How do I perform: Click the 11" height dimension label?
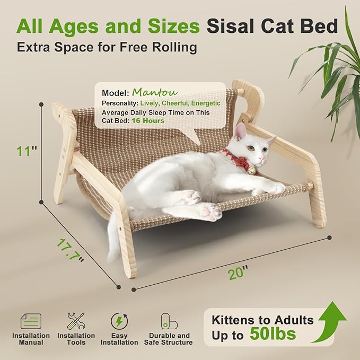click(27, 151)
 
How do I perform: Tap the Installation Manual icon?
click(31, 321)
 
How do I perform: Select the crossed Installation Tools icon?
click(76, 321)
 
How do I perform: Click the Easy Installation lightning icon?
click(119, 321)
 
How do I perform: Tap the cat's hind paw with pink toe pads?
click(210, 213)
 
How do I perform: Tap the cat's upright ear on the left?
click(240, 130)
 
